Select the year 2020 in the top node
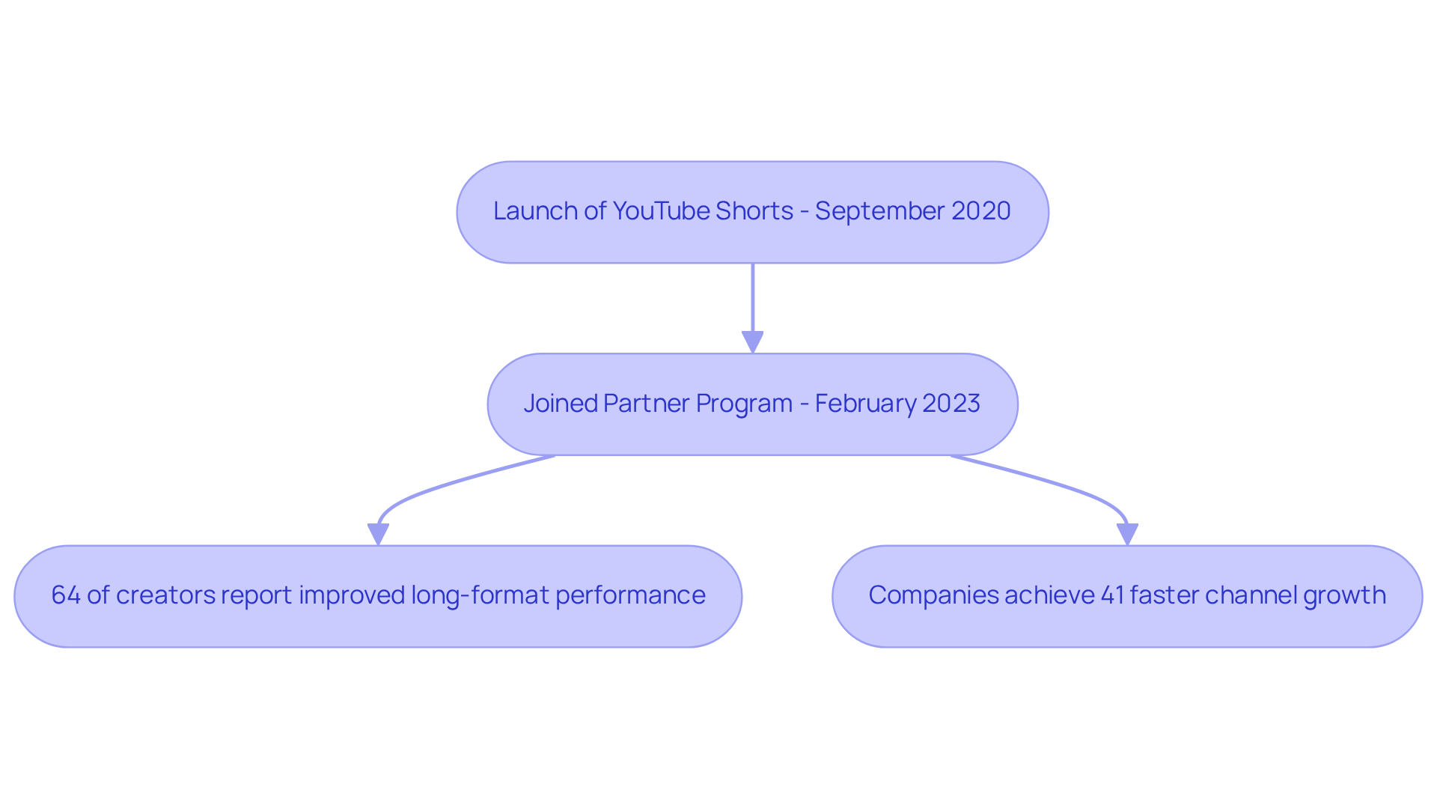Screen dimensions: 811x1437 pyautogui.click(x=980, y=211)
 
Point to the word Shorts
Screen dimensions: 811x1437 pyautogui.click(x=754, y=211)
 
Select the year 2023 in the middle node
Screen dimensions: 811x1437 pyautogui.click(x=951, y=404)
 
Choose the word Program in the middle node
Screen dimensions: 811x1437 pyautogui.click(x=744, y=404)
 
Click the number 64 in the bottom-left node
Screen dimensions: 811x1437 pyautogui.click(x=66, y=595)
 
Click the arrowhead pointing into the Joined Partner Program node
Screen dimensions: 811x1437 pyautogui.click(x=752, y=342)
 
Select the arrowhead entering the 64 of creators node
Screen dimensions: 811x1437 pyautogui.click(x=378, y=534)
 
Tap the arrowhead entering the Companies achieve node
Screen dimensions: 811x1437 pyautogui.click(x=1127, y=534)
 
